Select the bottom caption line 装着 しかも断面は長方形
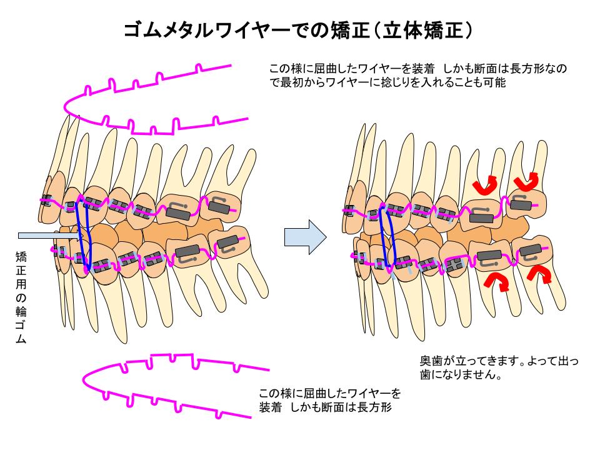coord(324,407)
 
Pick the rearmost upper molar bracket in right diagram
coord(521,202)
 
